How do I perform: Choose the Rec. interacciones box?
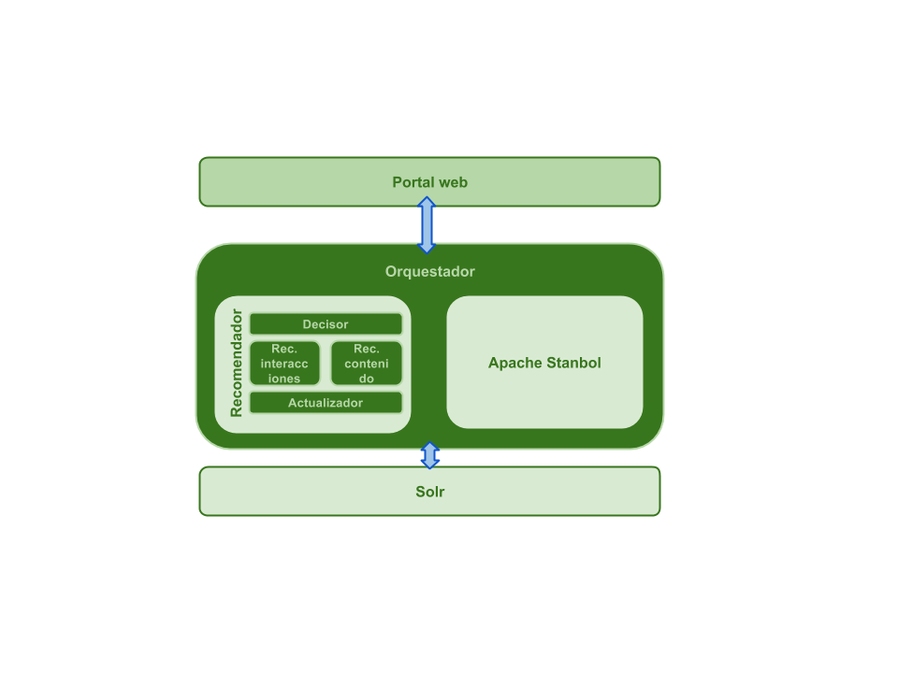click(x=284, y=364)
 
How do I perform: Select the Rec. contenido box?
click(x=366, y=364)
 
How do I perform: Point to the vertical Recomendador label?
click(x=237, y=363)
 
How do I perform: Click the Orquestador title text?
click(x=429, y=272)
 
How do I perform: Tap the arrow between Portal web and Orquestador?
click(x=427, y=225)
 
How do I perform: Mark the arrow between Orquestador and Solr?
click(x=429, y=455)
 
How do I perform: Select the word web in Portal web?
click(x=453, y=182)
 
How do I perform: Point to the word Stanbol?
click(x=572, y=363)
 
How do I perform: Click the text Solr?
click(x=429, y=492)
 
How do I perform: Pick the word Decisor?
click(x=326, y=324)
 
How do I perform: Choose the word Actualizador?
click(x=326, y=403)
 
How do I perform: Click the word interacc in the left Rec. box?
click(x=284, y=364)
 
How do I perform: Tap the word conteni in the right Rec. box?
click(x=366, y=364)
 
